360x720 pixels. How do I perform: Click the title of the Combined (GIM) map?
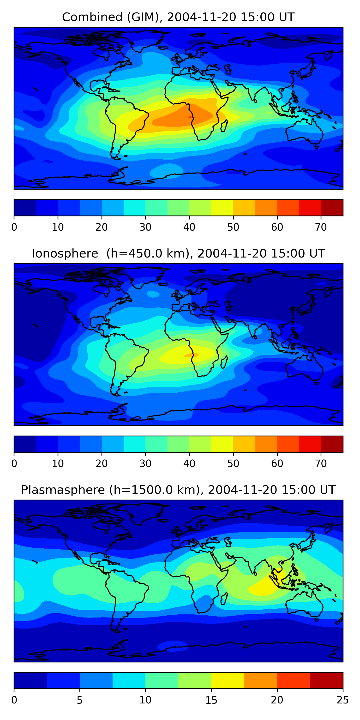tap(178, 17)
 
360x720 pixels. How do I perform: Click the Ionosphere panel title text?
tap(178, 253)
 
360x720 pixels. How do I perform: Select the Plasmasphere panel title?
tap(178, 490)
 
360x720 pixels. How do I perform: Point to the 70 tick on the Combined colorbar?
tap(321, 227)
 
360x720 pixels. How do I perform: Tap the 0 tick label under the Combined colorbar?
tap(14, 227)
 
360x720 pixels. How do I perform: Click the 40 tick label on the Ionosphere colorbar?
tap(189, 463)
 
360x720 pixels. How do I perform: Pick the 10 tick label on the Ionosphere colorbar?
tap(58, 463)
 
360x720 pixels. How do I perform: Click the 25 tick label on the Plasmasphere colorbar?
tap(343, 700)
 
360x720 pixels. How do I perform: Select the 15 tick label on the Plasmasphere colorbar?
tap(211, 700)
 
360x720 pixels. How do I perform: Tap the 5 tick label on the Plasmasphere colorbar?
tap(80, 700)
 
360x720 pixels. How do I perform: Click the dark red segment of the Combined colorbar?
tap(332, 208)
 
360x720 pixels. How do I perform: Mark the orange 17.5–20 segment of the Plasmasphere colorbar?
tap(260, 681)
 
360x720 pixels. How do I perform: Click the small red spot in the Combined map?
tap(190, 117)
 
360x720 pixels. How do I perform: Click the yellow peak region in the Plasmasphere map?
tap(265, 586)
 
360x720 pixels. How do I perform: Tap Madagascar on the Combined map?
tap(224, 126)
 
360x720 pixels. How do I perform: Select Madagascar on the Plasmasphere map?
tap(224, 598)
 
